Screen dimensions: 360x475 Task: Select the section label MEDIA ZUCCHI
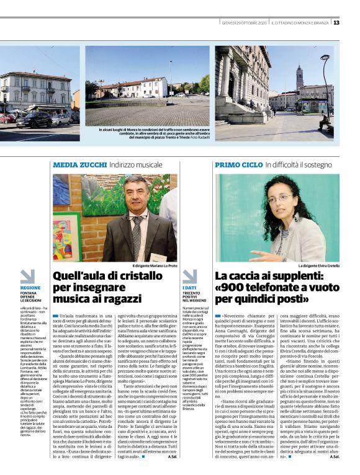tap(79, 165)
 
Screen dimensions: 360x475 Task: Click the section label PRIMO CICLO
tap(238, 165)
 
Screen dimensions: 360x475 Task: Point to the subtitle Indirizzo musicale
tap(135, 165)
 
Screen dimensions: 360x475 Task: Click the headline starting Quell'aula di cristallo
tap(108, 287)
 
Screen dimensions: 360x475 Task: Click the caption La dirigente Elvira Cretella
tap(318, 265)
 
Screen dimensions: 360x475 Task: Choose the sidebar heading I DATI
tap(189, 288)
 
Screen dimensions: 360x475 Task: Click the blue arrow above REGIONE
tap(28, 276)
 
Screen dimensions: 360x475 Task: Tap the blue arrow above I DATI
tap(189, 276)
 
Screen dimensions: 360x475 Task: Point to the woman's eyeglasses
tap(281, 198)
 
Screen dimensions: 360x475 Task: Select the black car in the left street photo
tap(34, 120)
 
